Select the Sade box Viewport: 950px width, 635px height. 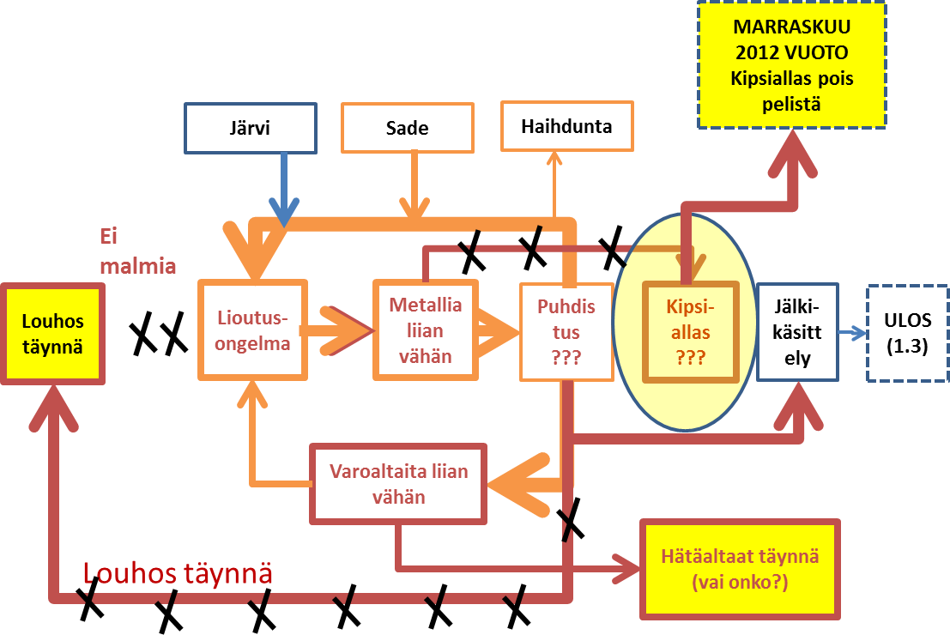[x=407, y=128]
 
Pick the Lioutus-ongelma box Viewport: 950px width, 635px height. [x=251, y=329]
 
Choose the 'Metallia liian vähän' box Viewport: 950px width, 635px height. [x=424, y=329]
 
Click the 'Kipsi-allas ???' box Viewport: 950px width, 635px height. [x=691, y=332]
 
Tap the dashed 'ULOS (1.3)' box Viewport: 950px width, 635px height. [x=906, y=331]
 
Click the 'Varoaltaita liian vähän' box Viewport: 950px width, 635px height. [x=399, y=483]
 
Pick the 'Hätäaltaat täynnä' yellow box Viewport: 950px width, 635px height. [x=739, y=568]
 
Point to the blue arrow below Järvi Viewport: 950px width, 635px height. [x=283, y=189]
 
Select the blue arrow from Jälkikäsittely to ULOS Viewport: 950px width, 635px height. [x=852, y=332]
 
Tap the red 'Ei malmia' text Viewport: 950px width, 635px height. [x=137, y=251]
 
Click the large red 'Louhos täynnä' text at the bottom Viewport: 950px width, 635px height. [x=178, y=572]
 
